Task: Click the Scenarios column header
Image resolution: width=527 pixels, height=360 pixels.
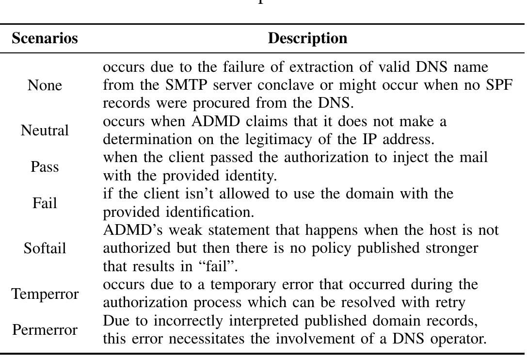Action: point(45,38)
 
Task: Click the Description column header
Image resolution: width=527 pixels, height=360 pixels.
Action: point(307,38)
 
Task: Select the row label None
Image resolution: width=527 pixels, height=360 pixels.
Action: point(45,85)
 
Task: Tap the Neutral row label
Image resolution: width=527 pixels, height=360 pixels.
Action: point(45,130)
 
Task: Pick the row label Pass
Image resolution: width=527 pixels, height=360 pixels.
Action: point(45,166)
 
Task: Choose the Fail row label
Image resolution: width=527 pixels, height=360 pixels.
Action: point(45,203)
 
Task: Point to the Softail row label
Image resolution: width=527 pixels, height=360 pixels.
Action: point(45,248)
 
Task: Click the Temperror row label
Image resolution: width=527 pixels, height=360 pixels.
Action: point(45,294)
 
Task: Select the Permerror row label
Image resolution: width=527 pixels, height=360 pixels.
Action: point(45,330)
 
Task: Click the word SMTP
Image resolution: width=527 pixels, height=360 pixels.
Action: point(186,85)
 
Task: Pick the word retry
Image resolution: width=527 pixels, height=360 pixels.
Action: point(449,303)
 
